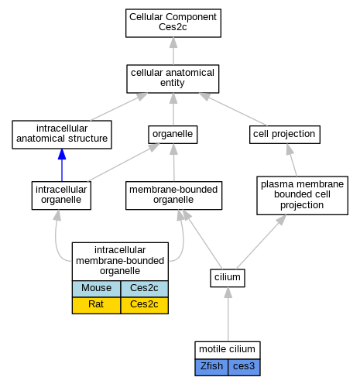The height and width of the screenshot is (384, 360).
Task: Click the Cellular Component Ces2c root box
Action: (173, 23)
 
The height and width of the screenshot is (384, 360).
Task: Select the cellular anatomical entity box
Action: (173, 79)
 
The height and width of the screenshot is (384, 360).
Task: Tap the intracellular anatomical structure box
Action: (62, 135)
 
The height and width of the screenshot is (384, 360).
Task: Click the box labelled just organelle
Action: (173, 135)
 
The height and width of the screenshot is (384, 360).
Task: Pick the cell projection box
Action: (285, 135)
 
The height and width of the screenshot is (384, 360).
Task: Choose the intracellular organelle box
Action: (61, 195)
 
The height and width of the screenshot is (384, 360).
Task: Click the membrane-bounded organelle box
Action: (173, 195)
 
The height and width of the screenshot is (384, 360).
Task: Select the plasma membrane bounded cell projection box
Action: (302, 195)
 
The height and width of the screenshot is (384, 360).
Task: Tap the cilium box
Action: (228, 278)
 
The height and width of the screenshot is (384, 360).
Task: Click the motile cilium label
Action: (227, 349)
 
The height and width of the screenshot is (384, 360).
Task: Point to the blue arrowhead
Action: (62, 154)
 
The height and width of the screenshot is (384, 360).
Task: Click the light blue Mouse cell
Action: (96, 289)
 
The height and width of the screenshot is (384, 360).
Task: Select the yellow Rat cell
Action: (96, 305)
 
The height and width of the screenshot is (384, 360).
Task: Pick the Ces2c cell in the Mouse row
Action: (144, 289)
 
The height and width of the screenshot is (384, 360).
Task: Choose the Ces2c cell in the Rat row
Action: (144, 305)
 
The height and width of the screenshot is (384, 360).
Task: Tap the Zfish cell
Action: (211, 367)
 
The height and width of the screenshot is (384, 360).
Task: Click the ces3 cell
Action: (244, 367)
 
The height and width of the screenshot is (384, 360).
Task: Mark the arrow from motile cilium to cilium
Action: (228, 314)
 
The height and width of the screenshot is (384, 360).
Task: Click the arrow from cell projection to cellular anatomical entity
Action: (233, 109)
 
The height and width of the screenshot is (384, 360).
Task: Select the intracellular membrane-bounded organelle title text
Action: (120, 260)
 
